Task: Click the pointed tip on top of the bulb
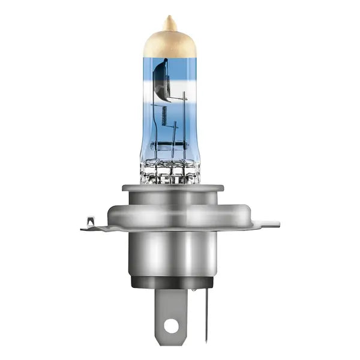point(169,22)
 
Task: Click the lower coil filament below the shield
point(163,113)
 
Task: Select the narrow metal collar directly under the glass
point(172,188)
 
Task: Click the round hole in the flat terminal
point(172,326)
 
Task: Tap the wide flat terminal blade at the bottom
point(172,312)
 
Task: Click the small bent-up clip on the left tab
point(91,221)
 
